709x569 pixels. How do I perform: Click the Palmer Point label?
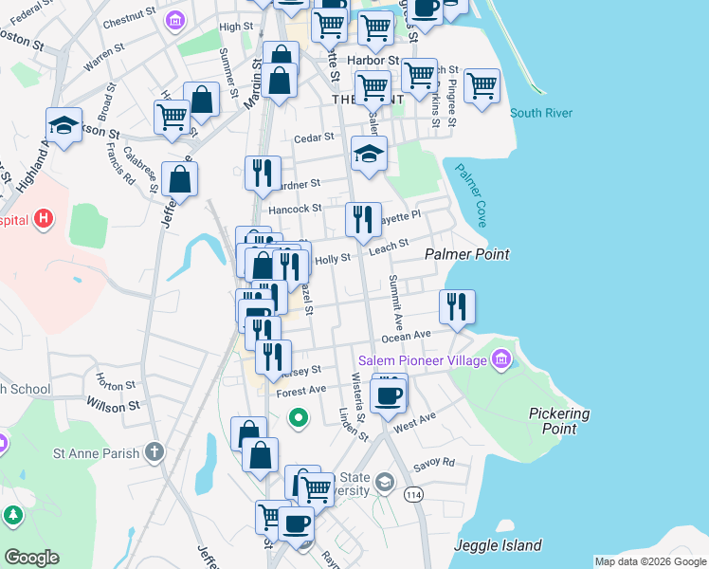(x=467, y=254)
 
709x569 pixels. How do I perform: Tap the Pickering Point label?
(x=559, y=421)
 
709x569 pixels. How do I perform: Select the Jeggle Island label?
(x=498, y=545)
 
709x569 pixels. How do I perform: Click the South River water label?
(x=541, y=114)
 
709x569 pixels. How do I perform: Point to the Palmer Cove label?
(x=471, y=194)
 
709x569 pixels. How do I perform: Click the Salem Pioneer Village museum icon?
(x=501, y=360)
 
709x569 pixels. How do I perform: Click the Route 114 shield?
(x=413, y=494)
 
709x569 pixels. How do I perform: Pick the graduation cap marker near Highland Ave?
(x=64, y=125)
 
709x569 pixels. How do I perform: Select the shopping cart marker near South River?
(x=482, y=86)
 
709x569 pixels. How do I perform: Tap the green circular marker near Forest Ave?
(x=299, y=416)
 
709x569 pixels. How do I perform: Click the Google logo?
(x=31, y=558)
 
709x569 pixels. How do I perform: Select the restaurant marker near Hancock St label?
(x=363, y=220)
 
